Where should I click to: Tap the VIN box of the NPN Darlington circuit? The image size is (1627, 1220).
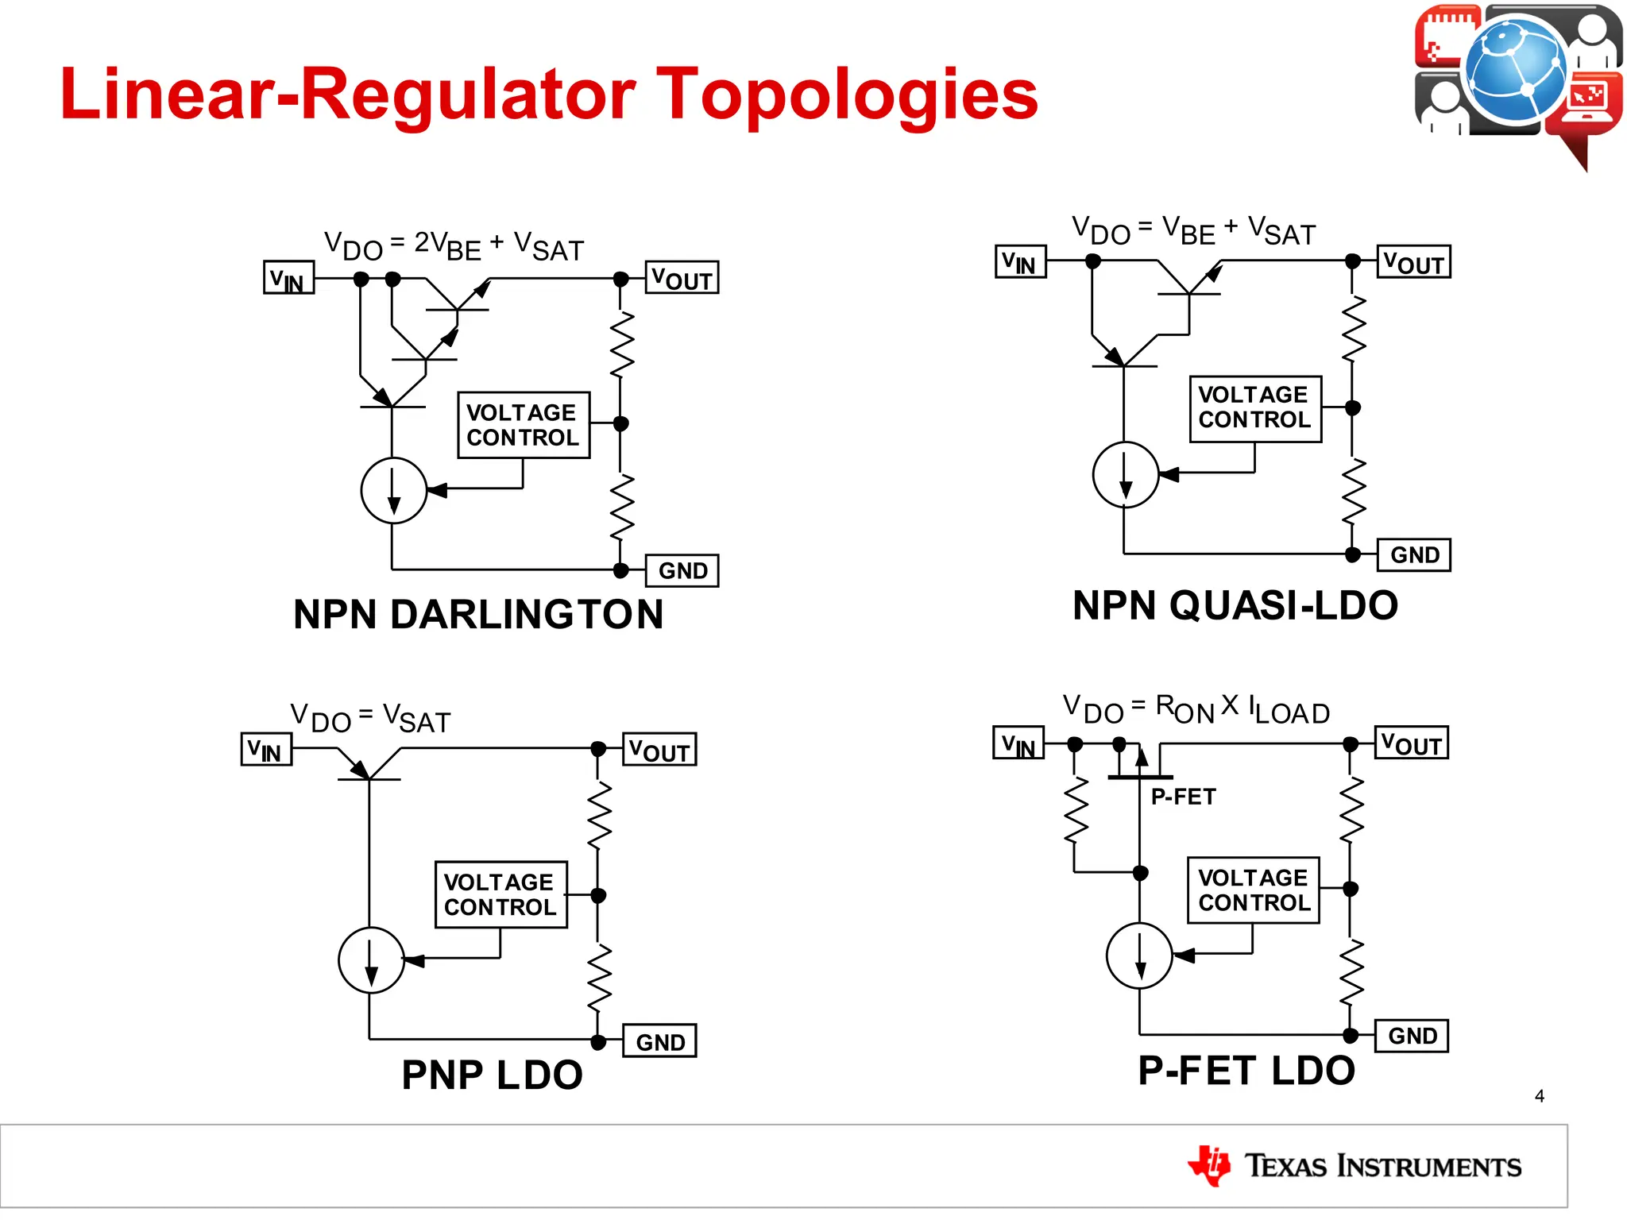(x=288, y=278)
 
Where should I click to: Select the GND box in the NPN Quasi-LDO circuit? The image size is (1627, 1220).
(x=1414, y=554)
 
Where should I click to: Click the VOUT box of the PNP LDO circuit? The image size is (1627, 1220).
(x=659, y=749)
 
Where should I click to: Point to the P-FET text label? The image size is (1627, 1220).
(x=1183, y=797)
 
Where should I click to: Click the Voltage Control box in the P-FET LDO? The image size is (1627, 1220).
(x=1253, y=890)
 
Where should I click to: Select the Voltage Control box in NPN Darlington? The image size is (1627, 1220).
(x=523, y=425)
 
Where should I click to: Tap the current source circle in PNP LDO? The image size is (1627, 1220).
(x=371, y=959)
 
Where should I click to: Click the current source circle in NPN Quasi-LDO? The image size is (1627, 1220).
(x=1125, y=474)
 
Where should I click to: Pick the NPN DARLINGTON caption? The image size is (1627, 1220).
(x=478, y=614)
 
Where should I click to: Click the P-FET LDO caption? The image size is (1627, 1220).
(x=1246, y=1070)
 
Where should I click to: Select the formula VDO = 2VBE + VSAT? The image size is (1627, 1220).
(x=454, y=245)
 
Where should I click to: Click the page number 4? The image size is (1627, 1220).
(x=1539, y=1096)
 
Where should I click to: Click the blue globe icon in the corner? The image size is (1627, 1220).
(x=1515, y=69)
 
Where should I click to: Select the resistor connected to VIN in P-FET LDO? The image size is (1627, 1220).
(x=1075, y=810)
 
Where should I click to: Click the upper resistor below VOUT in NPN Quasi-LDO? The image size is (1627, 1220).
(x=1353, y=327)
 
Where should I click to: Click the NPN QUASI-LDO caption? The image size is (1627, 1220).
(x=1235, y=605)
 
